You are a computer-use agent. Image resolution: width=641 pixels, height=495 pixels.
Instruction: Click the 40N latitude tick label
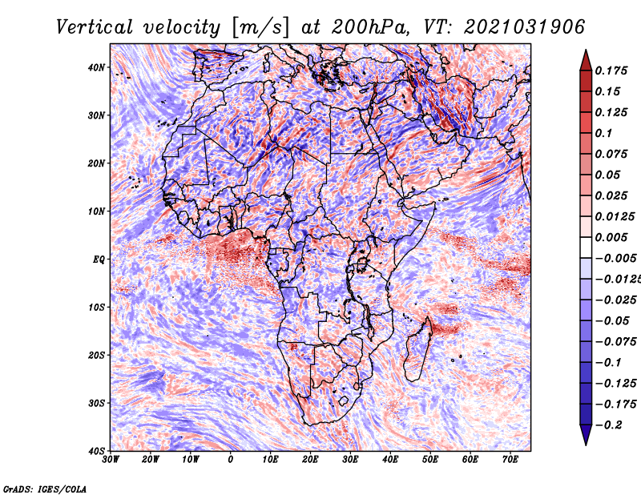point(95,67)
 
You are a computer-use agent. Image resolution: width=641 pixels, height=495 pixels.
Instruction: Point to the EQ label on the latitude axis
point(99,260)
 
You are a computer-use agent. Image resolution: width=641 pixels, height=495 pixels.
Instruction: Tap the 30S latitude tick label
point(96,403)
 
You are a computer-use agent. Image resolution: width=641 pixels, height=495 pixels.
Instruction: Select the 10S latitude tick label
point(96,307)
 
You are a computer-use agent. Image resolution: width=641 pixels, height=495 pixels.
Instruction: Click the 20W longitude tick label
point(151,460)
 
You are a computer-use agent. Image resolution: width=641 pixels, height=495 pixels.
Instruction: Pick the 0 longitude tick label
point(231,460)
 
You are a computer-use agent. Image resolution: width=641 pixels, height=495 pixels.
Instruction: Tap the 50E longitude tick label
point(430,460)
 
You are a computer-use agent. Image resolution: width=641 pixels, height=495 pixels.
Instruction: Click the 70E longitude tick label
point(510,460)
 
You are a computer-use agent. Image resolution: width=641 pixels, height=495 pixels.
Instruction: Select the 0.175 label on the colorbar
point(611,70)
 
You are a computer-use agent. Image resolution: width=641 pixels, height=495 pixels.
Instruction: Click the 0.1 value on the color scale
point(603,133)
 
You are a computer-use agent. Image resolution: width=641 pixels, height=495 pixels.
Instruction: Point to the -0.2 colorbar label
point(608,425)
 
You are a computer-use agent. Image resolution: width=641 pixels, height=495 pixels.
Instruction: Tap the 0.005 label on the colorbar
point(611,237)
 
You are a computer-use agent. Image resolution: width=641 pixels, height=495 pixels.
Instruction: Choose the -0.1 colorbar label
point(608,363)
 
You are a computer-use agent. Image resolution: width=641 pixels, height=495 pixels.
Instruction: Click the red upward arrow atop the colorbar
point(586,61)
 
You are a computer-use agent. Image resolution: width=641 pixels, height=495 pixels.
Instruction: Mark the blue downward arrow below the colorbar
point(586,435)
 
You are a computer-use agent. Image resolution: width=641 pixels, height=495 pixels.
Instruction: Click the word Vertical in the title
point(94,27)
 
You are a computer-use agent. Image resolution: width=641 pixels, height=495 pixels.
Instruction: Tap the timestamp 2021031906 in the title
point(524,27)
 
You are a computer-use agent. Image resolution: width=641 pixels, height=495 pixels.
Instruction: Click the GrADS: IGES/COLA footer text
point(45,489)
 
